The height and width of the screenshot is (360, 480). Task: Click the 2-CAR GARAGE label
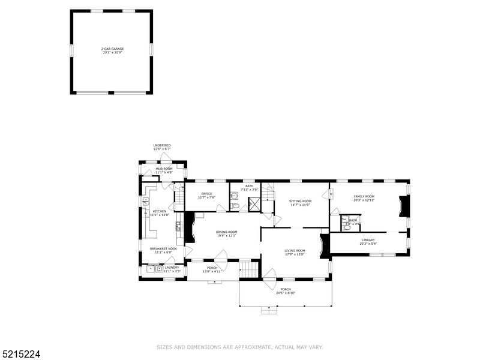(x=112, y=49)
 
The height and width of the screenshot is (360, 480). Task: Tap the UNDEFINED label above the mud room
(x=162, y=145)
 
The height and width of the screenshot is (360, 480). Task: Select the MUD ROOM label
(x=164, y=169)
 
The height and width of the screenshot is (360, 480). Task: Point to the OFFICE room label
(x=207, y=194)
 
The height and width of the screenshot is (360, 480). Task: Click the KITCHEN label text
(x=160, y=212)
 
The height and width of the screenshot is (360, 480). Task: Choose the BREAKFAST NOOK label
(x=163, y=248)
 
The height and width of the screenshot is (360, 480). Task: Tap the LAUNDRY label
(x=172, y=268)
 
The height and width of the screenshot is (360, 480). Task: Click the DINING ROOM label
(x=227, y=232)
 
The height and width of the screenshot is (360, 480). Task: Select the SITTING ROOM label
(x=300, y=201)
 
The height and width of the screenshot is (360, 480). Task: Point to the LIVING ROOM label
(x=295, y=250)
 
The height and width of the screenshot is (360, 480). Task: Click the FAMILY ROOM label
(x=364, y=196)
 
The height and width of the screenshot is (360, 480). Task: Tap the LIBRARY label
(x=368, y=240)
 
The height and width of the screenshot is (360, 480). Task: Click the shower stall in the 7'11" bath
(x=254, y=205)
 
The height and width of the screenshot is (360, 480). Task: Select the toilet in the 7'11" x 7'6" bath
(x=235, y=206)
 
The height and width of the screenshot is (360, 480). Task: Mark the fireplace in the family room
(x=405, y=207)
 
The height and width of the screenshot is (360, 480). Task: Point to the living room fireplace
(x=325, y=245)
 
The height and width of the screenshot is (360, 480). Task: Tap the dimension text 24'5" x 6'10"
(x=285, y=293)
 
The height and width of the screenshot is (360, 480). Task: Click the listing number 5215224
(x=21, y=355)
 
